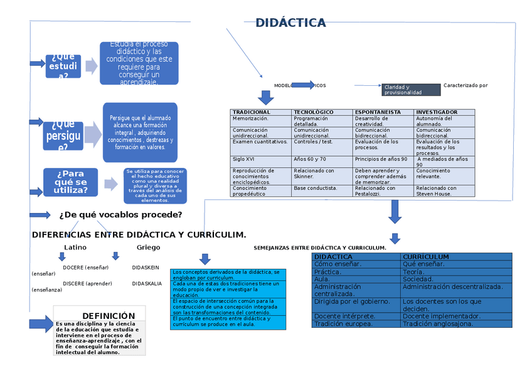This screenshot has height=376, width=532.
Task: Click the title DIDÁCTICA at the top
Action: [x=290, y=23]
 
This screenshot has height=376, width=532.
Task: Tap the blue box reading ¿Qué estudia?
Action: [x=63, y=66]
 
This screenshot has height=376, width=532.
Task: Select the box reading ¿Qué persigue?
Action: [x=63, y=135]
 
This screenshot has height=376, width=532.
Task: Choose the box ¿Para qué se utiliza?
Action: [x=71, y=182]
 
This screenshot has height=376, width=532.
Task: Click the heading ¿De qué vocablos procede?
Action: [x=120, y=215]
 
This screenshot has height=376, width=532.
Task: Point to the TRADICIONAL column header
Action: [x=251, y=112]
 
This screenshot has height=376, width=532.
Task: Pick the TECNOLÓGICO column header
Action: [x=314, y=112]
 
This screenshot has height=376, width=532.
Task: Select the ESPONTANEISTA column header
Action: [x=378, y=112]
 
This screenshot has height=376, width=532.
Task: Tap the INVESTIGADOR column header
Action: [x=437, y=112]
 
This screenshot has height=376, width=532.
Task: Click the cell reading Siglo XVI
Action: [x=243, y=159]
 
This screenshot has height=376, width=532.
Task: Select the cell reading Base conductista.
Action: [x=315, y=188]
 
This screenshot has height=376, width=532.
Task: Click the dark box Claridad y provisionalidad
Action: [x=410, y=90]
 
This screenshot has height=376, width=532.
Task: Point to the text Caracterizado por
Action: [x=465, y=85]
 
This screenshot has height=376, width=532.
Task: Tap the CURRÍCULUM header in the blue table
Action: [x=426, y=257]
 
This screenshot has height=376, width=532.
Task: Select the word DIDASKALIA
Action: [x=146, y=283]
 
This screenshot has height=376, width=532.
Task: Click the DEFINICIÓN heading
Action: [x=109, y=316]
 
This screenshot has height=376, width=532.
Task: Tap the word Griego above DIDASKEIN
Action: [x=148, y=247]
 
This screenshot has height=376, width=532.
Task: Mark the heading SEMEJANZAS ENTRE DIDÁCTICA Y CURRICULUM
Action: [x=319, y=248]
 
